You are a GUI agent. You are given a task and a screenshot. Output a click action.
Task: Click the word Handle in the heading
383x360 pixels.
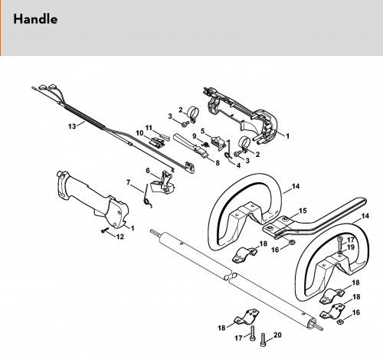pos(35,19)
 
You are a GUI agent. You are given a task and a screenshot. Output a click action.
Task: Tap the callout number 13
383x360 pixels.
pos(72,126)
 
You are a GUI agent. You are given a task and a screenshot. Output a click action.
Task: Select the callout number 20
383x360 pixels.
pos(277,335)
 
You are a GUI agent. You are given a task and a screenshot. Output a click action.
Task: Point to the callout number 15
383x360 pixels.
pos(303,211)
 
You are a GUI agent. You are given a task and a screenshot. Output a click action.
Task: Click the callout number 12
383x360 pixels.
pos(120,237)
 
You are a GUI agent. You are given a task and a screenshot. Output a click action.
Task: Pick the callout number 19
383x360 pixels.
pos(351,247)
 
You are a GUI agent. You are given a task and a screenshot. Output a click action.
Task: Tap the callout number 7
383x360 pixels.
pos(129,182)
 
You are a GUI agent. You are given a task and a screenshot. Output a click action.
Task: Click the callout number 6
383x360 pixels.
pos(148,170)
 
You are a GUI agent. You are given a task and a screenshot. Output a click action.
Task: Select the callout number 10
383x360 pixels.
pos(139,133)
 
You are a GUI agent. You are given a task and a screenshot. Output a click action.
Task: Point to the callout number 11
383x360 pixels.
pos(149,127)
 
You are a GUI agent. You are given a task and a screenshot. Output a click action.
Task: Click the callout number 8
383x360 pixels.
pos(218,163)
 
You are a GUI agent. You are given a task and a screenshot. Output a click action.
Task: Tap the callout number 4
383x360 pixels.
pos(238,165)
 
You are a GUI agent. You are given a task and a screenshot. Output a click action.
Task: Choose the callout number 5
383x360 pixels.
pos(203,131)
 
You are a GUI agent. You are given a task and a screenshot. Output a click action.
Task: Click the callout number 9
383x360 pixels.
pos(195,136)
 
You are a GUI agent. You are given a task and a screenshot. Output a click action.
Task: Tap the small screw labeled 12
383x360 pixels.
pos(104,230)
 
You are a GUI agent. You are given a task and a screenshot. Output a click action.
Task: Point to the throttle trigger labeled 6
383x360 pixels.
pos(162,182)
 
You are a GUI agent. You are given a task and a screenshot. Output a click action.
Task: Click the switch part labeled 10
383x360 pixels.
pos(158,142)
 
